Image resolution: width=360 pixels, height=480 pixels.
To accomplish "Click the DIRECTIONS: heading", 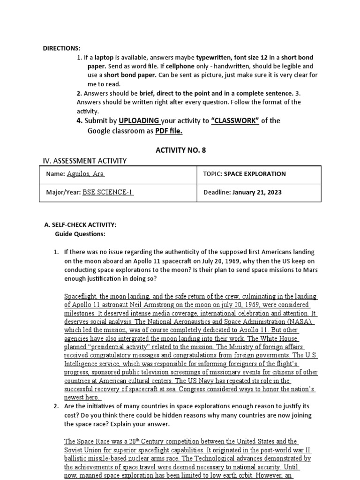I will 62,48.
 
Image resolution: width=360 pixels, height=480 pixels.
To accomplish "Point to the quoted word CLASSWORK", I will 235,120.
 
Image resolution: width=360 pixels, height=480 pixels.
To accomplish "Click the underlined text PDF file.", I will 169,131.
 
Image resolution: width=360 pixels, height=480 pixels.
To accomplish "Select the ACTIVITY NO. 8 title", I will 180,150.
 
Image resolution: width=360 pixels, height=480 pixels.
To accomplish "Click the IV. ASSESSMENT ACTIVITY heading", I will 85,161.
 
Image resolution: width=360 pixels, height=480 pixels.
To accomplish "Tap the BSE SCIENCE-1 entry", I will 108,192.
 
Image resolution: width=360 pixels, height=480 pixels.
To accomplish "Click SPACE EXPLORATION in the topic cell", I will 255,174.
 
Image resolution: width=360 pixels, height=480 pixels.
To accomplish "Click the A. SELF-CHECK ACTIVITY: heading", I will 80,225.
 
